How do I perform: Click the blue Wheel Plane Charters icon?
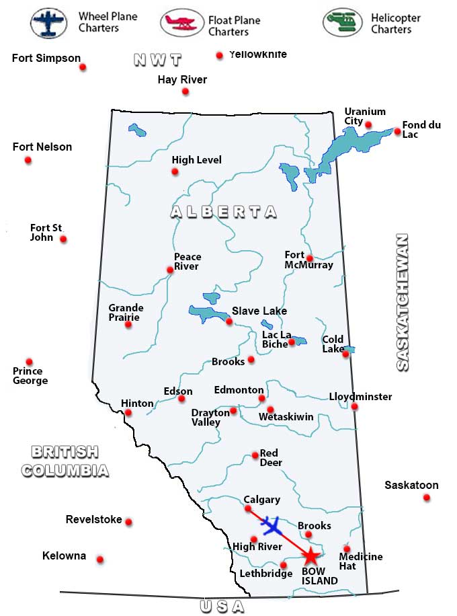pyautogui.click(x=49, y=23)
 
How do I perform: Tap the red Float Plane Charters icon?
pyautogui.click(x=181, y=23)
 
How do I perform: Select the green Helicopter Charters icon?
pyautogui.click(x=342, y=23)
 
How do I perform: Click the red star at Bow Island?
pyautogui.click(x=310, y=556)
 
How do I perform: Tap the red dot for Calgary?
pyautogui.click(x=248, y=508)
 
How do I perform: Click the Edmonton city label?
pyautogui.click(x=239, y=390)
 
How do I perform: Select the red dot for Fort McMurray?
pyautogui.click(x=310, y=258)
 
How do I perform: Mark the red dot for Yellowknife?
pyautogui.click(x=219, y=56)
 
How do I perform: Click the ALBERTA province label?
pyautogui.click(x=223, y=212)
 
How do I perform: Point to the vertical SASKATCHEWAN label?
pyautogui.click(x=402, y=303)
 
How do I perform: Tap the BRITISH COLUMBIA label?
pyautogui.click(x=65, y=461)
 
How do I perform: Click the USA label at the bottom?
pyautogui.click(x=222, y=607)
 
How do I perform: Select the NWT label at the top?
pyautogui.click(x=157, y=60)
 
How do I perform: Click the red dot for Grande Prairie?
pyautogui.click(x=128, y=324)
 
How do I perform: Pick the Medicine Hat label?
pyautogui.click(x=360, y=561)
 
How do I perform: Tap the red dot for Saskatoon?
pyautogui.click(x=427, y=498)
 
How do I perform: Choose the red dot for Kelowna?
pyautogui.click(x=100, y=560)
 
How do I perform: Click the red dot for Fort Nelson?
pyautogui.click(x=28, y=160)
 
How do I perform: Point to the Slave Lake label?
pyautogui.click(x=259, y=311)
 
